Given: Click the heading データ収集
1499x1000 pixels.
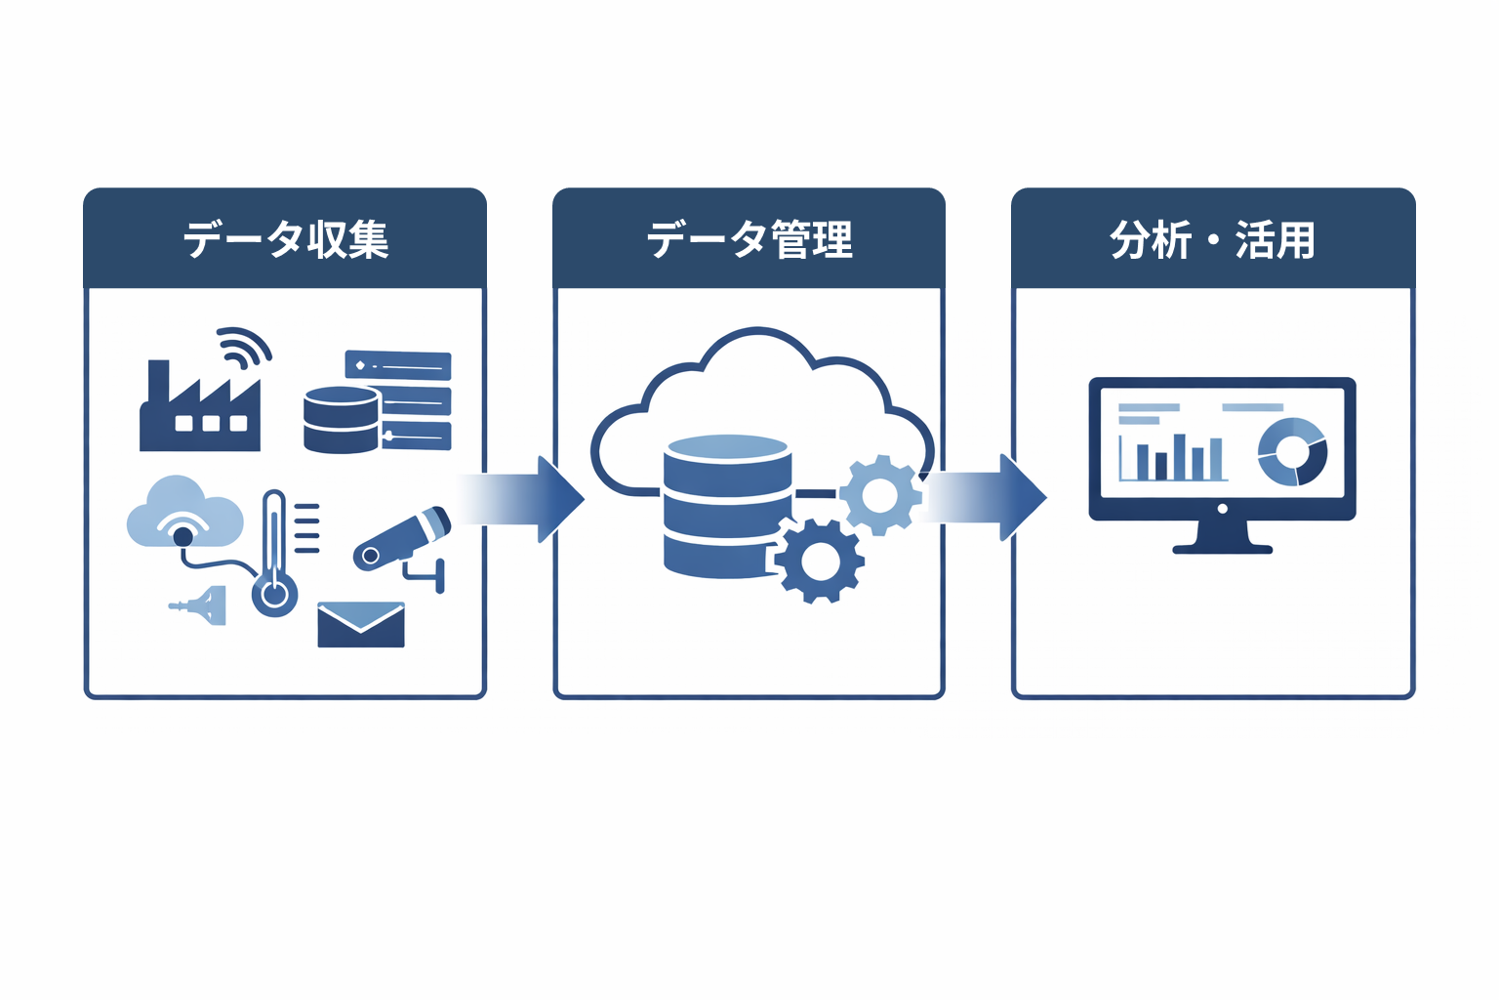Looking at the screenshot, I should pos(286,240).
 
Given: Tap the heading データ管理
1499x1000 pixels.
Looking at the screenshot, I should pos(749,240).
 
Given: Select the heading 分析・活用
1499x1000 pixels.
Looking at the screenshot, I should pos(1212,240).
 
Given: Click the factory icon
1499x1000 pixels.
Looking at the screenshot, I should pos(200,410).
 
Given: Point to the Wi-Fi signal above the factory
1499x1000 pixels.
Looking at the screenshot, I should pos(243,347).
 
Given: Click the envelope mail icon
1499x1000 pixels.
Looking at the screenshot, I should pos(361,625).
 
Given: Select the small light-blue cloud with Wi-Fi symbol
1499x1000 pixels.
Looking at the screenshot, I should pos(184,513).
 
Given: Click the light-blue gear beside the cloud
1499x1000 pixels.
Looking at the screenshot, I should pos(879,495).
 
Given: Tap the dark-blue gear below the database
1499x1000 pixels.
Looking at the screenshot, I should pos(819,561).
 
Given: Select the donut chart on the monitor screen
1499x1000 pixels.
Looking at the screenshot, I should pos(1292,451).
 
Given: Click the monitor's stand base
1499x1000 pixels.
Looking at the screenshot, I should pos(1222,549).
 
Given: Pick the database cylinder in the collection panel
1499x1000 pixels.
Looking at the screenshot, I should pos(341,420).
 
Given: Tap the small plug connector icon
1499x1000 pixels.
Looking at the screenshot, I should pos(202,605).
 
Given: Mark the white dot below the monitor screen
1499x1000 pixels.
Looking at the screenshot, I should pos(1223,509).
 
